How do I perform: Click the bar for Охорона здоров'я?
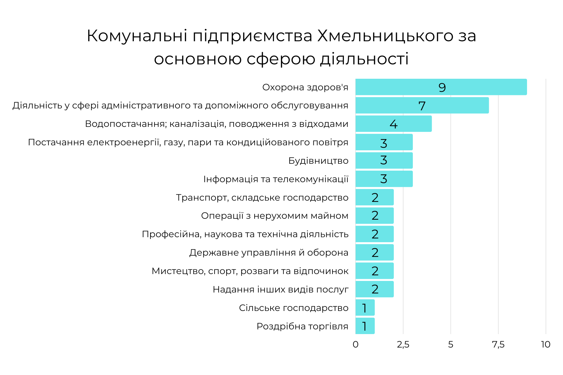pos(441,87)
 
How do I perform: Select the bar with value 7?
pos(422,105)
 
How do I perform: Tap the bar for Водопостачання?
pos(393,124)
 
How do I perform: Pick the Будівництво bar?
pos(384,160)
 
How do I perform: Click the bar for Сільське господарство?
pos(365,307)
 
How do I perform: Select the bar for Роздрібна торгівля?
pos(365,326)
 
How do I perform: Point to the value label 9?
pos(442,87)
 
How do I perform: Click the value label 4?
pos(393,124)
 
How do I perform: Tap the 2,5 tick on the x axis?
pos(403,344)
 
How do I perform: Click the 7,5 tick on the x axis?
pos(498,344)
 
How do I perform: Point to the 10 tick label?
pos(545,344)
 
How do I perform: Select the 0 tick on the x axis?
pos(356,344)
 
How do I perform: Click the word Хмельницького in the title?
pos(385,36)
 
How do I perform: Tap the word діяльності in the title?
pos(364,59)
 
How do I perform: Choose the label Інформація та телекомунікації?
pos(276,179)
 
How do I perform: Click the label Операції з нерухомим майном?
pos(275,216)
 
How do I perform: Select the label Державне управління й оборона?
pos(269,252)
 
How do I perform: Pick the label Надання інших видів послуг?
pos(281,289)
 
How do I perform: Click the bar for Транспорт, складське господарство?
pos(374,197)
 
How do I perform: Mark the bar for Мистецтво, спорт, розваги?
pos(374,271)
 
